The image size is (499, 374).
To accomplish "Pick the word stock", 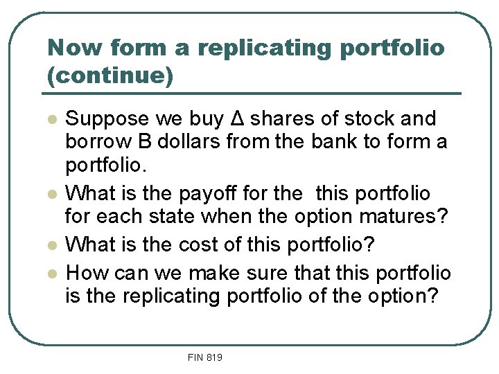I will (369, 118).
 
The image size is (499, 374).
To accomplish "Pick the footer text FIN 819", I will (204, 357).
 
